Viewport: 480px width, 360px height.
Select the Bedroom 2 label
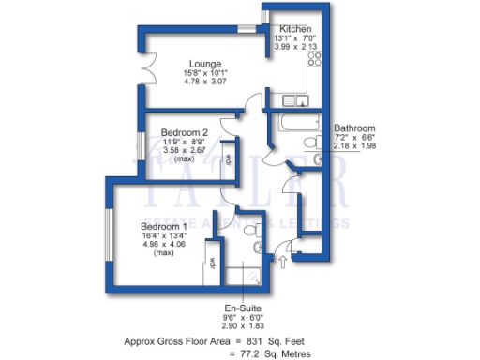pyautogui.click(x=184, y=132)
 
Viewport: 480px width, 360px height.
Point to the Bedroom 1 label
pyautogui.click(x=164, y=226)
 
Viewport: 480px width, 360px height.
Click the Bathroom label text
pyautogui.click(x=355, y=127)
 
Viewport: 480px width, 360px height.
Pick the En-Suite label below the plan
pyautogui.click(x=242, y=307)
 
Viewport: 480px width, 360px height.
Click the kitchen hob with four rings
pyautogui.click(x=314, y=58)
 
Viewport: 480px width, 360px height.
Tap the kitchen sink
pyautogui.click(x=301, y=99)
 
